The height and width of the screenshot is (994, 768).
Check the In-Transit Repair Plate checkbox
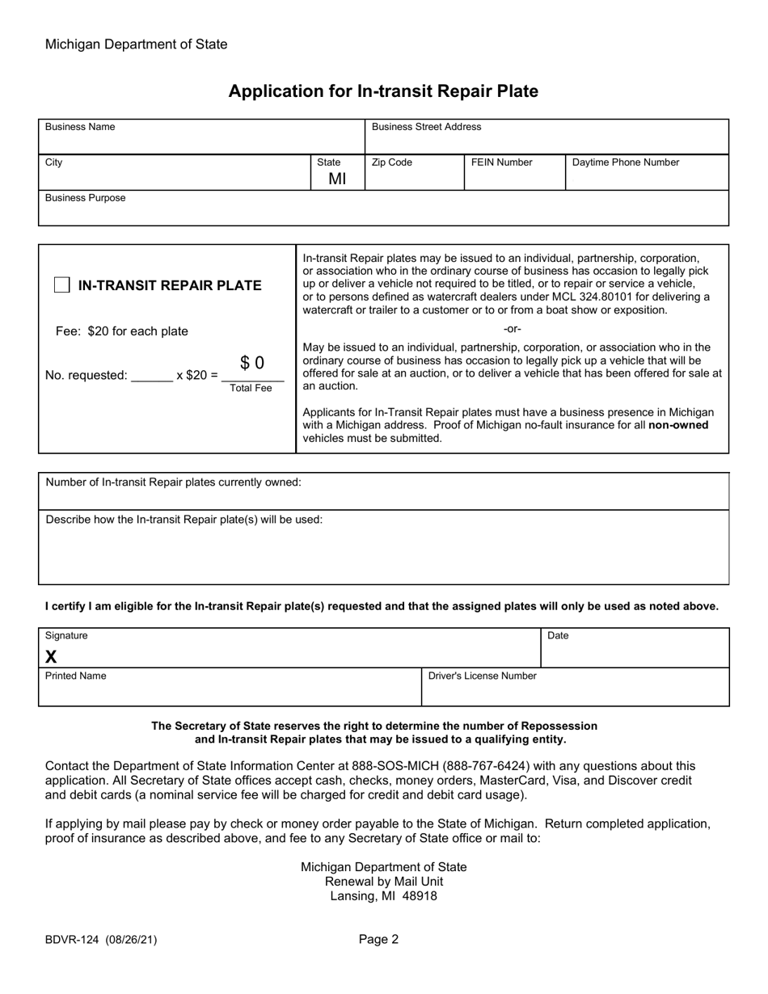(61, 285)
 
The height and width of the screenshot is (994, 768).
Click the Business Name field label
(80, 127)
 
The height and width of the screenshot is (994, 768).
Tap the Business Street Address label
(426, 127)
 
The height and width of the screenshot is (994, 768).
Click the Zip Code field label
(391, 162)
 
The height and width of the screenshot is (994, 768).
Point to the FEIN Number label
(501, 162)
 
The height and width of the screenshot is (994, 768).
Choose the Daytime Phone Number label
(626, 162)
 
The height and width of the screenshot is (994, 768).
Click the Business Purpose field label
(85, 198)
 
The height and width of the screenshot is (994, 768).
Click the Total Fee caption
(251, 389)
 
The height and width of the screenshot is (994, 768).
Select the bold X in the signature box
(51, 656)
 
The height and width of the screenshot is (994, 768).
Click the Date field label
(558, 636)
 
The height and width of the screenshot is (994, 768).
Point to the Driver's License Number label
(482, 676)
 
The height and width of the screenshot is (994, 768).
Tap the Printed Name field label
(75, 676)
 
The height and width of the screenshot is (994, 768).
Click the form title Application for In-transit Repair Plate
(383, 91)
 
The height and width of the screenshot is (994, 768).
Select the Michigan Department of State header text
(136, 44)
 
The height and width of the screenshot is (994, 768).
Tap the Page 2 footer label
(379, 939)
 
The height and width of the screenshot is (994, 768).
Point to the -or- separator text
(513, 329)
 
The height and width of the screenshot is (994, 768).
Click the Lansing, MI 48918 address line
(383, 895)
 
